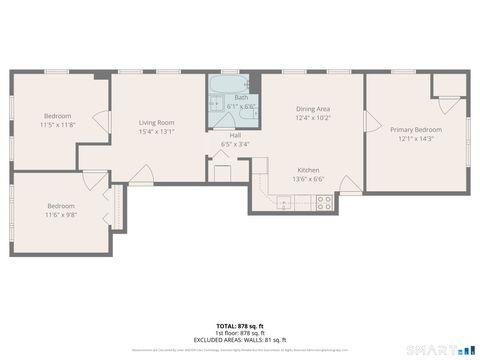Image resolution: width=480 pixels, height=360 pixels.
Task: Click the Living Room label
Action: coord(157,122)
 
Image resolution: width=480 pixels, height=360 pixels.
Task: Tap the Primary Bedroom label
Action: coord(415,130)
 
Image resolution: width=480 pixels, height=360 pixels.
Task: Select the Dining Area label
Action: coord(313,108)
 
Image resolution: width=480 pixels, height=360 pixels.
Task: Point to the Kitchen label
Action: coord(307,171)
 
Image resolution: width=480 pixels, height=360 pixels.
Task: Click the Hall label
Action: coord(235,135)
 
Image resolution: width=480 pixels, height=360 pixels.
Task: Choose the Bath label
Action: coord(241,97)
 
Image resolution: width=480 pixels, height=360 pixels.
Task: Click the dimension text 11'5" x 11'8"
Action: coord(58,125)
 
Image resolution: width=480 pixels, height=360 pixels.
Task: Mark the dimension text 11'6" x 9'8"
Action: coord(60,214)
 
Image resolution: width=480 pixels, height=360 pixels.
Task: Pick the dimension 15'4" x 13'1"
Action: coord(157,131)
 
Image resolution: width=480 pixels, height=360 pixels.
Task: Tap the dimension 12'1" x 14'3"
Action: coord(415,139)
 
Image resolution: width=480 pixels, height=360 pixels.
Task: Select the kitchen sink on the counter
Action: coord(284,204)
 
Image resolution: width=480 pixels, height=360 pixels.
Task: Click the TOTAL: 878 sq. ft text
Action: coord(240,326)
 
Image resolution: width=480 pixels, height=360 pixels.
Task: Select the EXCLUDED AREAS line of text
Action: coord(240,338)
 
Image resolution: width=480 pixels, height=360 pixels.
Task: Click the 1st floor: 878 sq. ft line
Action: coord(240,332)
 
